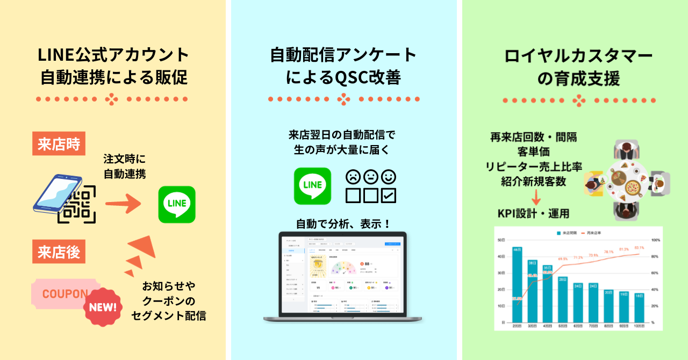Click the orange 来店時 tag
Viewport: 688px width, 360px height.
pos(59,143)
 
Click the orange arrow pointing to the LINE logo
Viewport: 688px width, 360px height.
pos(123,203)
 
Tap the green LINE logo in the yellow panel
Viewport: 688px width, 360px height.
pos(177,204)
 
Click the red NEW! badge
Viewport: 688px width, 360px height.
pos(103,308)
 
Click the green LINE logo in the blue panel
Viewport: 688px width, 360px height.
pos(312,186)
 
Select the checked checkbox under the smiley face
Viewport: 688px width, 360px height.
pos(388,195)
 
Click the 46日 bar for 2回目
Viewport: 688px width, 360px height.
pos(517,284)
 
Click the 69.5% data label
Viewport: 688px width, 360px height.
pos(563,259)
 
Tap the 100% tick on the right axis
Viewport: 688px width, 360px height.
pos(655,240)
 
